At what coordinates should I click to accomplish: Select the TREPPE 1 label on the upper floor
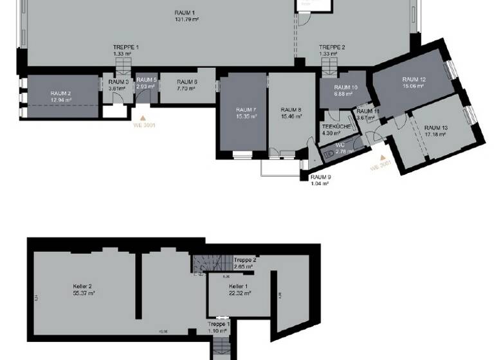[x=125, y=48]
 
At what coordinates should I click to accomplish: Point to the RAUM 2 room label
[x=60, y=93]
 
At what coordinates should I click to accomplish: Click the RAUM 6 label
[x=187, y=82]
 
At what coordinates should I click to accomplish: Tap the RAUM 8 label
[x=291, y=109]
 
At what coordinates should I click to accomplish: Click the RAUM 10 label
[x=345, y=87]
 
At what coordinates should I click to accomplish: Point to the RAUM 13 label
[x=436, y=128]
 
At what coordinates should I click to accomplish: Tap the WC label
[x=340, y=145]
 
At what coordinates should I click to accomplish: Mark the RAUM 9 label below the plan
[x=320, y=177]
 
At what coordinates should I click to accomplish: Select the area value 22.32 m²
[x=239, y=292]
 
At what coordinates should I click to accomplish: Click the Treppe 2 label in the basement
[x=243, y=259]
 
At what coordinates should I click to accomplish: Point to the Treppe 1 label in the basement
[x=218, y=325]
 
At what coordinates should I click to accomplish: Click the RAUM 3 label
[x=118, y=82]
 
